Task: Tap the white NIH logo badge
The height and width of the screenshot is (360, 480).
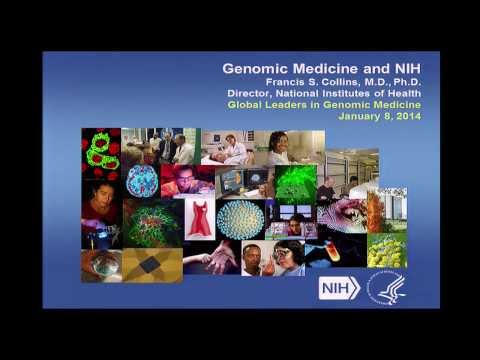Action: [x=339, y=288]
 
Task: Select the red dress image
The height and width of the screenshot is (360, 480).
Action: [x=199, y=216]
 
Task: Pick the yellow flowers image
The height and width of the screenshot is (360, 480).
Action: [x=386, y=250]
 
